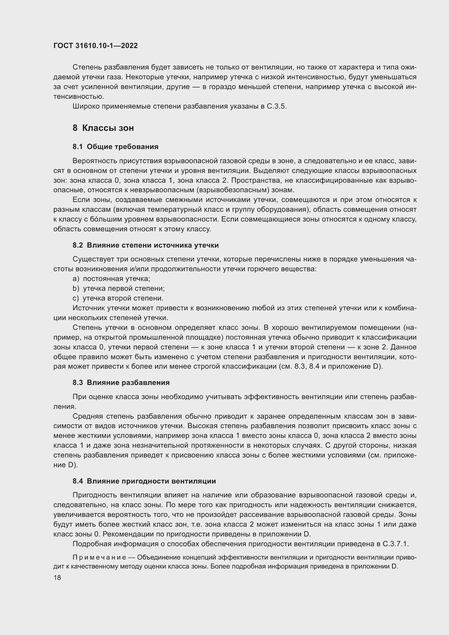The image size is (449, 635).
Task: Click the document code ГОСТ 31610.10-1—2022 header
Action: click(95, 46)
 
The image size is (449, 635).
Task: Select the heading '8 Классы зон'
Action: click(103, 128)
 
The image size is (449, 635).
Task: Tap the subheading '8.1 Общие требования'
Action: click(115, 147)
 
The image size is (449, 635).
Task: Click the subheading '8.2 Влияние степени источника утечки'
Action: click(146, 245)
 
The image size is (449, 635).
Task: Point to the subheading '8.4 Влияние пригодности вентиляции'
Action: click(144, 481)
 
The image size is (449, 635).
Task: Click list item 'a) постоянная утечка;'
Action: click(111, 279)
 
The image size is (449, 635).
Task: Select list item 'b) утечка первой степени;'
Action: click(118, 289)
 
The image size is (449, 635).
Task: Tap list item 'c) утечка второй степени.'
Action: click(118, 298)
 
